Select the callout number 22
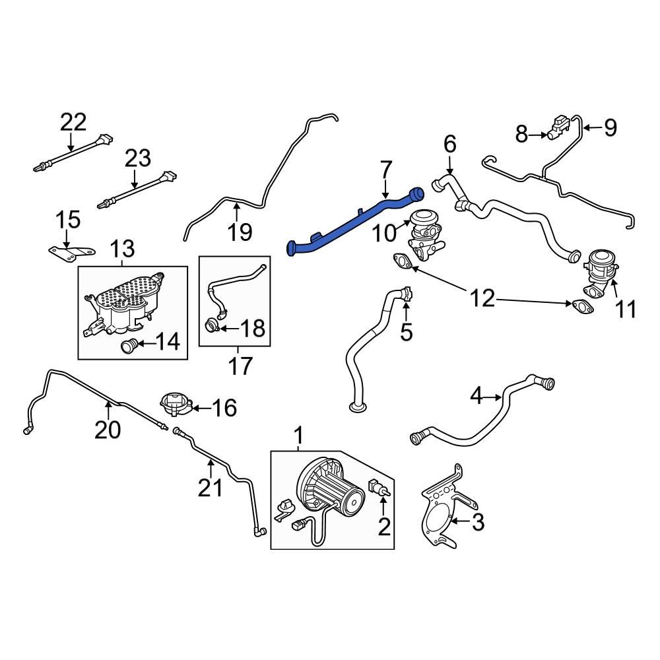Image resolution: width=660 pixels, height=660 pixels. [x=73, y=122]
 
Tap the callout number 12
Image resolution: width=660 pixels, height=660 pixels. [x=483, y=298]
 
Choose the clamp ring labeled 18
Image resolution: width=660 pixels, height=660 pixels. [x=213, y=325]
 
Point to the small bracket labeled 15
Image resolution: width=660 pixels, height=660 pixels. [x=73, y=251]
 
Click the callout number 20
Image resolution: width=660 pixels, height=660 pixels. [x=108, y=430]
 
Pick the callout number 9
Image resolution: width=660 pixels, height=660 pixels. [x=610, y=127]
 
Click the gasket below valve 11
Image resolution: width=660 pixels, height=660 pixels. [x=581, y=306]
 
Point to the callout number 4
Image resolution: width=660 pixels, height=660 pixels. [x=477, y=397]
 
